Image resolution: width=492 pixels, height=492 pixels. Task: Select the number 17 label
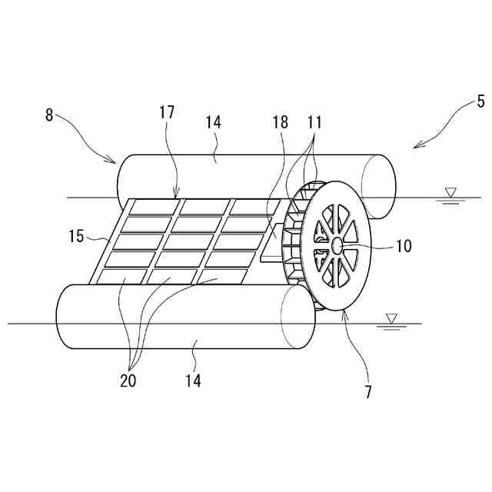168,112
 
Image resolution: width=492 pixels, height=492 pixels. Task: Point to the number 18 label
280,121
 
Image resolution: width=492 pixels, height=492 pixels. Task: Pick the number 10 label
403,246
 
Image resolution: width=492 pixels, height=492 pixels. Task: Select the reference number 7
368,391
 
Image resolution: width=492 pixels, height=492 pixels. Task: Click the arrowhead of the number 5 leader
416,146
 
